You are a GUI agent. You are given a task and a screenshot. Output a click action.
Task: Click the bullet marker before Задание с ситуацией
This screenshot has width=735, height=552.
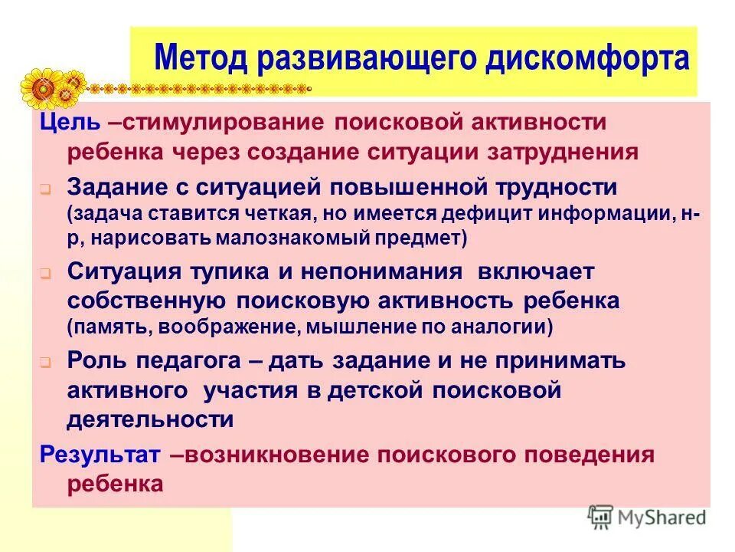pos(45,189)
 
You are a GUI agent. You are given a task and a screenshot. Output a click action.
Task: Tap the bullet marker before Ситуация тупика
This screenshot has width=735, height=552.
pos(45,272)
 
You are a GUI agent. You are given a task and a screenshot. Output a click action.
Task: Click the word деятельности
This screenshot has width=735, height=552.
pos(150,419)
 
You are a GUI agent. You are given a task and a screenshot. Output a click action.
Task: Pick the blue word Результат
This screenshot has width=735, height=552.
pos(100,455)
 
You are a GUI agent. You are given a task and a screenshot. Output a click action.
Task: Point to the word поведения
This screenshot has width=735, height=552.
pos(599,455)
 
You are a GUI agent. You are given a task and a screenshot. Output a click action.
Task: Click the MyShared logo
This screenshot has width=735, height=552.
pos(647,517)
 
